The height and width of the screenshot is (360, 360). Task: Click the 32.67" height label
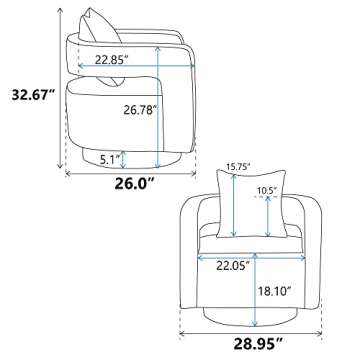point(33,95)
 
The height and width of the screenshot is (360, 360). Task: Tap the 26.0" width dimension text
point(135,183)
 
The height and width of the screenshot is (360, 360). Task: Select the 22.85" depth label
point(112,59)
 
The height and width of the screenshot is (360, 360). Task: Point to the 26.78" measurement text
point(140,110)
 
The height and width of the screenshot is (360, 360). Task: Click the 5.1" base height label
point(110,159)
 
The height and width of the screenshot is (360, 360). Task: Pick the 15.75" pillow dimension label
point(238,167)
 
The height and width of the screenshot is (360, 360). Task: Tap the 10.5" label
point(267,190)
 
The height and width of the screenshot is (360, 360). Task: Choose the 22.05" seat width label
point(233,266)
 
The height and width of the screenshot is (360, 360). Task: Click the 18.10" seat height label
point(275,292)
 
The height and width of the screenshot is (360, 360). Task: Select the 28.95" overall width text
point(258,345)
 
